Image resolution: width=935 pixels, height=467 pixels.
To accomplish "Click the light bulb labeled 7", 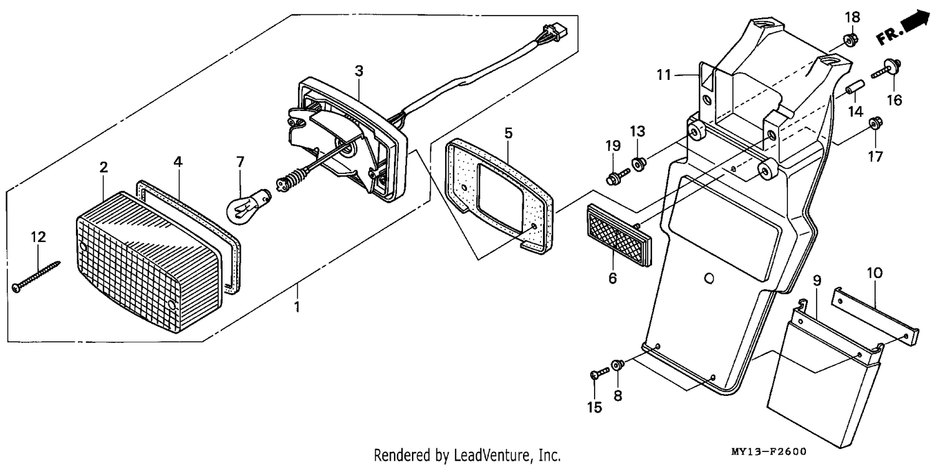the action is point(247,206).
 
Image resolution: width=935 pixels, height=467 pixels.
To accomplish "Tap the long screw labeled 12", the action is point(36,277).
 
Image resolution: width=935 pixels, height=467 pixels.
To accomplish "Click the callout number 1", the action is point(297,307).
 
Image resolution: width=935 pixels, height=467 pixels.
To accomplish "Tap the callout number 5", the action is point(508,133).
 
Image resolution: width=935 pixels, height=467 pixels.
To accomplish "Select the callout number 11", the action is point(664,75).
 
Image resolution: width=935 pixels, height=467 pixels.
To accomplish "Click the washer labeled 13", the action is point(638,163).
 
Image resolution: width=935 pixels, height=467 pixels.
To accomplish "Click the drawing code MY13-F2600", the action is point(769,451).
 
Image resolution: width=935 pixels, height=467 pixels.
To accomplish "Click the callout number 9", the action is point(817,281).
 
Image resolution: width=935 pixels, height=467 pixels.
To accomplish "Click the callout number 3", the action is point(359,71).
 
